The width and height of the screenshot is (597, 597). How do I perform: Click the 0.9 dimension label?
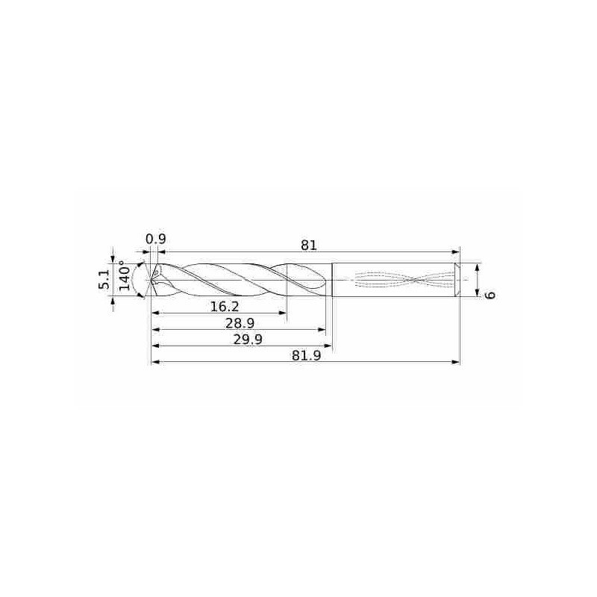155,239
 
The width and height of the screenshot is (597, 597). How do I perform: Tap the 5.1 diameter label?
105,280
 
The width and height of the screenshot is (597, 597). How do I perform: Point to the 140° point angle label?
124,276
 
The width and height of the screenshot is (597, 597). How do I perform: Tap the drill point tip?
152,281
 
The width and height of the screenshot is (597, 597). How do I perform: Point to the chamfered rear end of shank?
457,280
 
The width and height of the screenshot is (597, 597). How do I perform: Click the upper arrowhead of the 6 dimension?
476,266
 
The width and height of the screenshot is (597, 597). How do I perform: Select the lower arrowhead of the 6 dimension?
476,293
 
